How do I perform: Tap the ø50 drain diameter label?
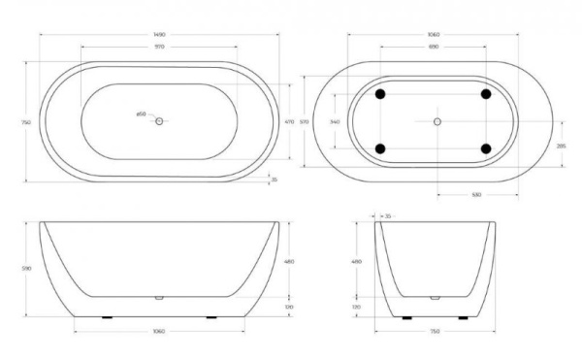pos(142,115)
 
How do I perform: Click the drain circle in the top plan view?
pos(160,120)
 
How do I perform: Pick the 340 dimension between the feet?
pos(336,121)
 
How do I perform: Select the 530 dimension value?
pos(476,195)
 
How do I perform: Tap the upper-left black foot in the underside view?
pos(381,94)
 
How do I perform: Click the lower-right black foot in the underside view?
pos(486,148)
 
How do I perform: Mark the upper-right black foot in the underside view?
pos(486,94)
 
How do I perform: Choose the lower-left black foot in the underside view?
pos(381,148)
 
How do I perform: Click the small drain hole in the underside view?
pos(436,121)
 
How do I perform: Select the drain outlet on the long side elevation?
pos(159,298)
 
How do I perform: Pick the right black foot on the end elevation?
pos(470,317)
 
